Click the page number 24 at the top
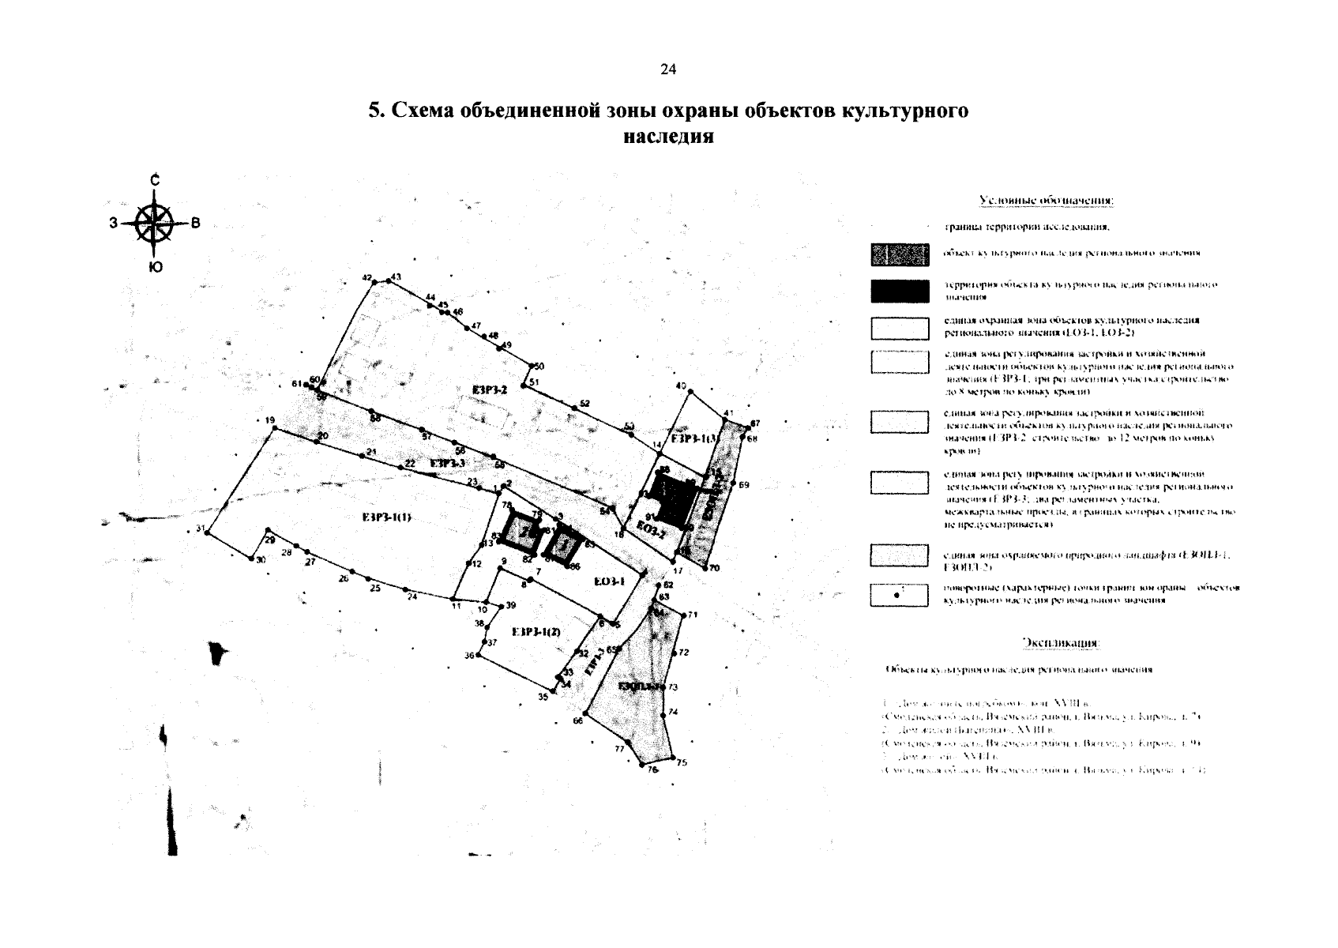click(x=667, y=70)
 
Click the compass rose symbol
click(x=156, y=223)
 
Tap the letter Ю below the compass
click(x=156, y=268)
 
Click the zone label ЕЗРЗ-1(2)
click(x=536, y=632)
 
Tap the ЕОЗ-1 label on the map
click(x=609, y=581)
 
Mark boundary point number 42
click(x=374, y=280)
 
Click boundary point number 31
click(x=207, y=533)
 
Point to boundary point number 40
click(x=690, y=392)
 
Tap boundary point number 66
click(x=585, y=715)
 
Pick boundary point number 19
click(x=274, y=427)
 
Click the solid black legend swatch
click(x=899, y=292)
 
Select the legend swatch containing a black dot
click(x=899, y=595)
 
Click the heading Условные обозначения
click(x=1046, y=201)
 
